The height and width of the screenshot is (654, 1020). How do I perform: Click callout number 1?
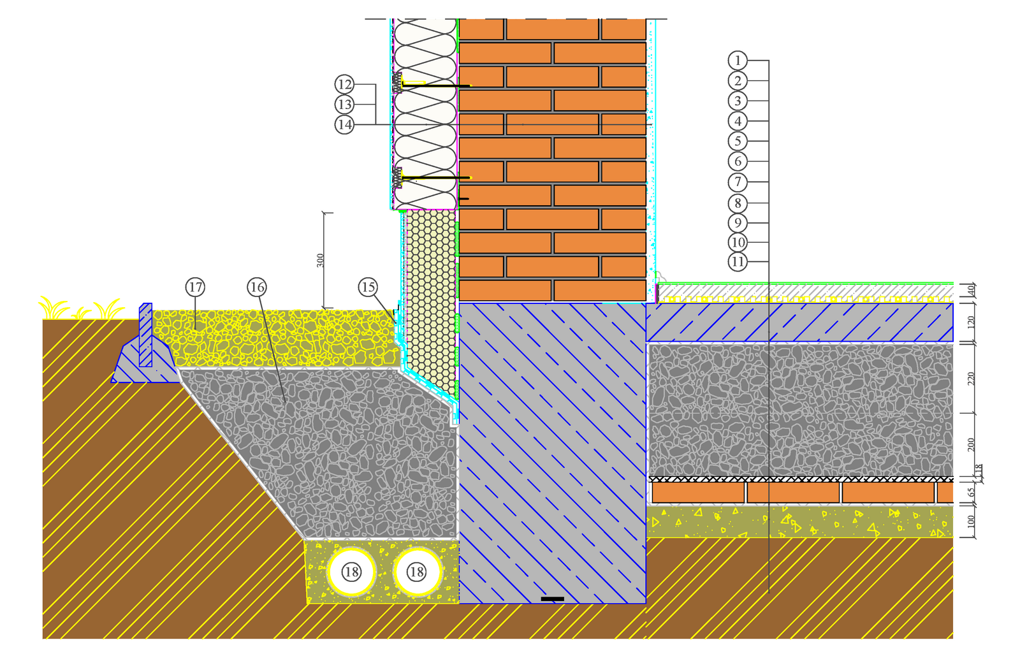[738, 61]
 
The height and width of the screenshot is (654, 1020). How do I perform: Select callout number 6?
[738, 161]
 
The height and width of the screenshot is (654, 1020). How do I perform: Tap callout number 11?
[738, 261]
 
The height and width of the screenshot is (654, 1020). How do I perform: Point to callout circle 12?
[344, 84]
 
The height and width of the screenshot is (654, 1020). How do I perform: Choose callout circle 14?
[344, 124]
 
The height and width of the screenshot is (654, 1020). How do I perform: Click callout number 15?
[368, 287]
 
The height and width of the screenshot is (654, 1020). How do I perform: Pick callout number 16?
[257, 287]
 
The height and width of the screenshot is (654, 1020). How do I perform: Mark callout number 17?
[195, 287]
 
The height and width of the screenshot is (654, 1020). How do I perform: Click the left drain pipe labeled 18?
[351, 572]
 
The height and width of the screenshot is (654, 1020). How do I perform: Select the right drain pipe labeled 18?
[417, 572]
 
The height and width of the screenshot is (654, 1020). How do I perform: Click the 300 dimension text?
[321, 260]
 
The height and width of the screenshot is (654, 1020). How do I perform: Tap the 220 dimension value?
[972, 379]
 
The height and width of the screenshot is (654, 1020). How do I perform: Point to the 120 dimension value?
[972, 322]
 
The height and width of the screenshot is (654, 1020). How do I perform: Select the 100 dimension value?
[972, 521]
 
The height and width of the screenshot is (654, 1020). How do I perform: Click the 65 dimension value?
[972, 493]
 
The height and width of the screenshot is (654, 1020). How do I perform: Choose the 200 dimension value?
[972, 444]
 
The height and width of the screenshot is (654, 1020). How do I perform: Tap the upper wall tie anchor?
[433, 85]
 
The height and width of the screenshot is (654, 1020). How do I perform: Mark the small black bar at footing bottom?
[552, 599]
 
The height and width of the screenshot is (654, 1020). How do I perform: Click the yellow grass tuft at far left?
[54, 309]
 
